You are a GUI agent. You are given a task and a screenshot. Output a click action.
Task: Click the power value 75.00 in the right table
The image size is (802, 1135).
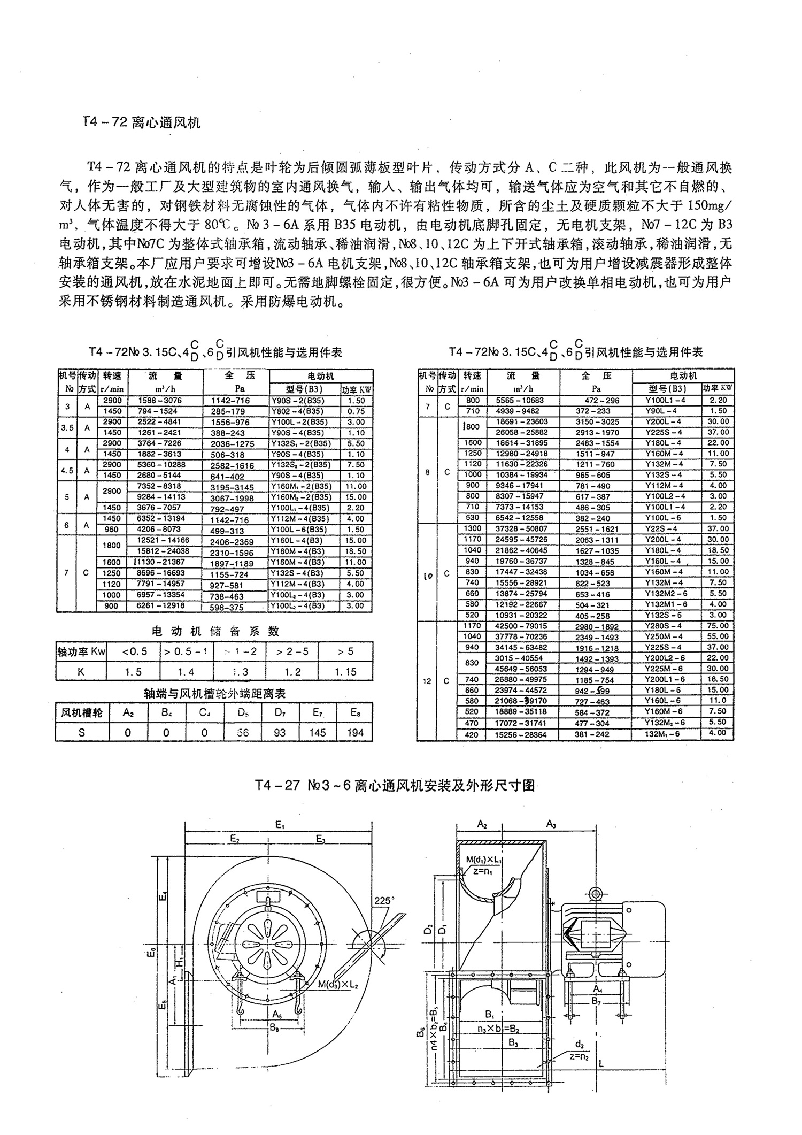tap(717, 626)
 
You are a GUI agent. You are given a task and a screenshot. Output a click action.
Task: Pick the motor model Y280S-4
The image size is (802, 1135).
tap(664, 626)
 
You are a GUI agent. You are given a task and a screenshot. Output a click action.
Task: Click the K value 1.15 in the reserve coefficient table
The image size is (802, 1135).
tap(345, 672)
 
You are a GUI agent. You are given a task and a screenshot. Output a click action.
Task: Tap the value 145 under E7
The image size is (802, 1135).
tap(318, 733)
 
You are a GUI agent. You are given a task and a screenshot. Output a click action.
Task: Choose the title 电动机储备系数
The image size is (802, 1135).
tap(214, 632)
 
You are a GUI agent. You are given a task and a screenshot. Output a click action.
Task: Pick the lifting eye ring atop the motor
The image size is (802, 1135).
tap(595, 894)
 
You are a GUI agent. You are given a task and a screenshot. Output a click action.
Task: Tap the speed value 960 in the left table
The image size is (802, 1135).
tap(112, 530)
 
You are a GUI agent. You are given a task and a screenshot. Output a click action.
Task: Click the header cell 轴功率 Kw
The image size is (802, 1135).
tap(81, 651)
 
